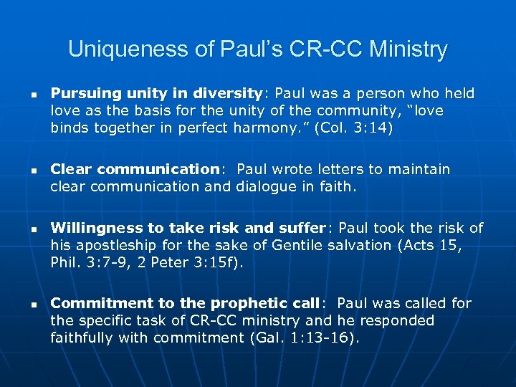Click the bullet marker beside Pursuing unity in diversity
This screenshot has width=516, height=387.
[x=24, y=94]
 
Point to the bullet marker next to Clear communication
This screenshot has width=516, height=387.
[x=24, y=171]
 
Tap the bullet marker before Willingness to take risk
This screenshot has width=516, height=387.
[x=24, y=229]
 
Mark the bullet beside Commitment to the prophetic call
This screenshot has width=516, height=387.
[x=24, y=304]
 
